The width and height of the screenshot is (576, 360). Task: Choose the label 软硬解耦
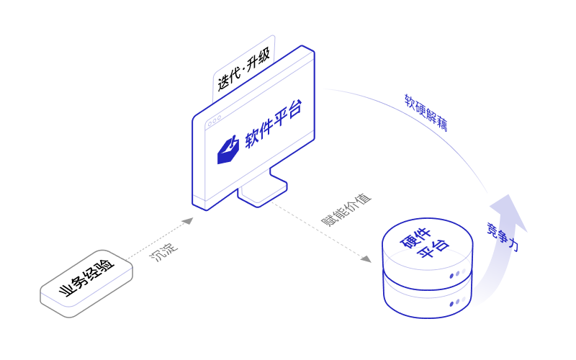tap(426, 112)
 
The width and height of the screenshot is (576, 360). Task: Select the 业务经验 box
tap(87, 282)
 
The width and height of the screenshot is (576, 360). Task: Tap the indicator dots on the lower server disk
tap(454, 304)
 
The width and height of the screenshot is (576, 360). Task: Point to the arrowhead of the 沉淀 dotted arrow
tap(188, 220)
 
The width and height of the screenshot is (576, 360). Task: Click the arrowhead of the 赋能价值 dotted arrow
tap(366, 258)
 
